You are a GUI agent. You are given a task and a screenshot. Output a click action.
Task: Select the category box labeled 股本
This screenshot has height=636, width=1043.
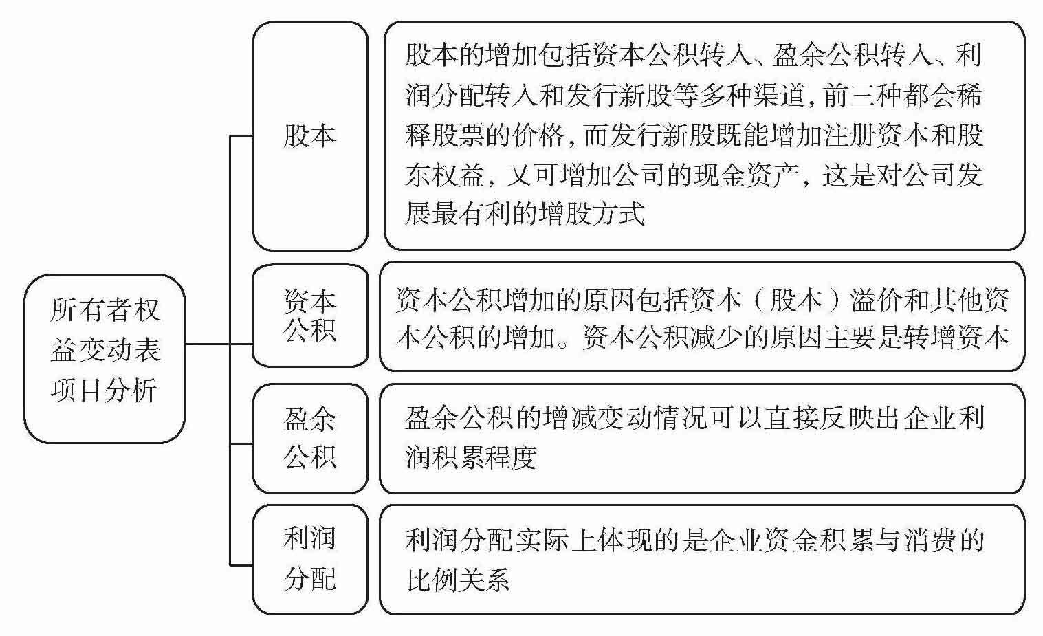(x=309, y=135)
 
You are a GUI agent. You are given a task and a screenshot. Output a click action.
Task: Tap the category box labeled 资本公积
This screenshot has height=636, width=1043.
(x=309, y=316)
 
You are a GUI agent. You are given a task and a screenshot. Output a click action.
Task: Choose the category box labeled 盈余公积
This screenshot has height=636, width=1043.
(x=309, y=438)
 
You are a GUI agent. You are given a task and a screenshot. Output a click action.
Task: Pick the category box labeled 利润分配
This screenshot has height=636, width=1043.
(x=309, y=558)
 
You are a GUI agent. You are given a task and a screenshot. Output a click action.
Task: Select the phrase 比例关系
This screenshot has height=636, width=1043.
(x=458, y=580)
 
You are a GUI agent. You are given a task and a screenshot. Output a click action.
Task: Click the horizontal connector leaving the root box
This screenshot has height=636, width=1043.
(x=206, y=343)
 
